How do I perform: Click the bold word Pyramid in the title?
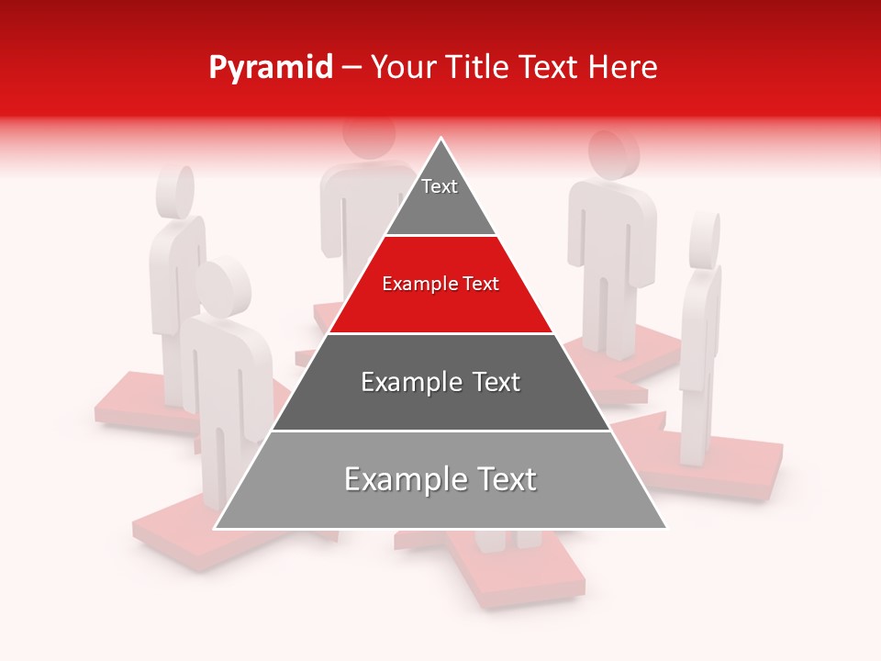pos(271,68)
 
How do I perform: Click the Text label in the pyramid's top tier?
pos(440,186)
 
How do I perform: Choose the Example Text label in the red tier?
pos(440,284)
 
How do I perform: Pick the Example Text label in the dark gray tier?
pos(440,382)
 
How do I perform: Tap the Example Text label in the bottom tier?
pos(440,479)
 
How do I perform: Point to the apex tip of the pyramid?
pos(441,139)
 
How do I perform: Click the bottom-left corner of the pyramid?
pos(215,528)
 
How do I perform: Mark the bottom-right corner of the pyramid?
pos(666,528)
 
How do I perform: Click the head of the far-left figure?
pos(175,191)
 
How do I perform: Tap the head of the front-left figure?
pos(223,286)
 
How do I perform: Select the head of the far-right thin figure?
pos(705,241)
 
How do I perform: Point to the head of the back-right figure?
pos(612,157)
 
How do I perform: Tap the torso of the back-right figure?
pos(610,230)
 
